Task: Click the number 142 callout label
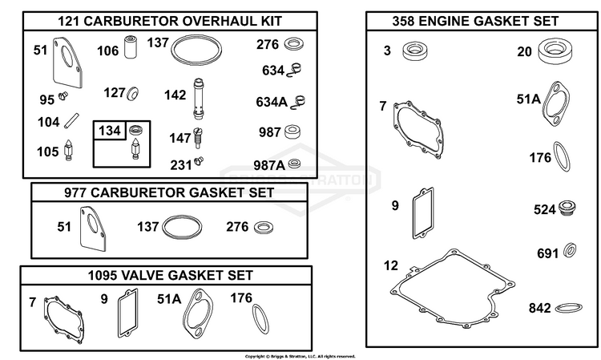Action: coord(175,95)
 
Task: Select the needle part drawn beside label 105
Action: coord(69,150)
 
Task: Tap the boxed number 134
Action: coord(110,131)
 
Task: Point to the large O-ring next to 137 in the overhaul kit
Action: coord(196,51)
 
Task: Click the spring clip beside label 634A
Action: coord(298,102)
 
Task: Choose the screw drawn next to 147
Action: coord(198,138)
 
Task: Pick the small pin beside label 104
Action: coord(71,120)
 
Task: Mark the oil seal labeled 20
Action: coord(555,51)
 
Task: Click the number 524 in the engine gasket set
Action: coord(544,210)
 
